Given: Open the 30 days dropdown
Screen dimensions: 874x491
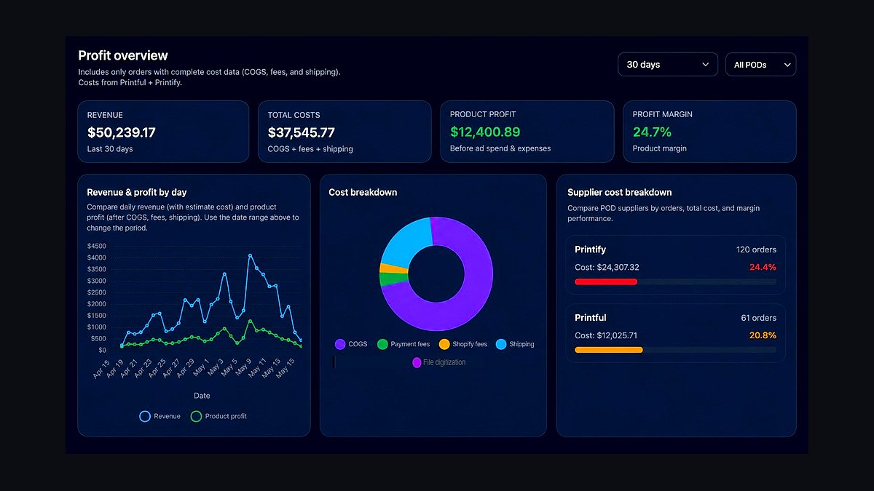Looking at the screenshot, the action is pos(668,64).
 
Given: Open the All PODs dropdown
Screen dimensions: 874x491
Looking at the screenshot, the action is pos(760,64).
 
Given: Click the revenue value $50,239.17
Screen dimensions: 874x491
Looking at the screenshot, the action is pos(122,132).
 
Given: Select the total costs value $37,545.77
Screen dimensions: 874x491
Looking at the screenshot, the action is pos(302,132).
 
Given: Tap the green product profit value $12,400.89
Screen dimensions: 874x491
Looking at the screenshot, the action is pos(485,132).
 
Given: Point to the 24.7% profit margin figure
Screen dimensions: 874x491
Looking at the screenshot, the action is pos(652,132).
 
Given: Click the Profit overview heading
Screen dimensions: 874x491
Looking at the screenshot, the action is pos(123,55).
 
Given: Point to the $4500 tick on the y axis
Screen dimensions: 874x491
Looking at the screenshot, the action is pos(96,246).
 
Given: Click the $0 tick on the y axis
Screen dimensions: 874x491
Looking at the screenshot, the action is pos(102,350).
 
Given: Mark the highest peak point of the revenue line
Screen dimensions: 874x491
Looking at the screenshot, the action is pos(250,255).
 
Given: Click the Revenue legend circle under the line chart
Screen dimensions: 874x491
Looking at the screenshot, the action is pos(145,416).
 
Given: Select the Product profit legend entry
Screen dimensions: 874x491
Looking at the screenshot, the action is pos(219,416).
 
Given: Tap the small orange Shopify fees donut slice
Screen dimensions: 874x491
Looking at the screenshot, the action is pos(394,268).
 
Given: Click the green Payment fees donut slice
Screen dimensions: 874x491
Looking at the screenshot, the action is pos(394,279).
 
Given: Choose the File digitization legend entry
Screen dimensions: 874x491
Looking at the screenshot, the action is pos(439,362).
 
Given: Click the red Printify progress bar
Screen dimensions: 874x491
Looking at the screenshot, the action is pos(606,282).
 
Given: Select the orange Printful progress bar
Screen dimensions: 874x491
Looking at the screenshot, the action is pos(609,350).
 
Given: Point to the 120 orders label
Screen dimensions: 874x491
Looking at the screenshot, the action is pos(756,250).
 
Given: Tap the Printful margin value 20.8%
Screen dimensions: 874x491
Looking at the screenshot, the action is pos(763,335).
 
